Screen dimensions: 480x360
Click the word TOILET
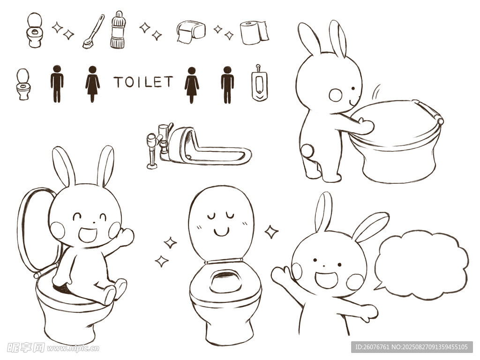pyautogui.click(x=143, y=82)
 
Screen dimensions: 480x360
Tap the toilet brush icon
pyautogui.click(x=94, y=31)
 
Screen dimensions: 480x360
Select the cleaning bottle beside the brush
pyautogui.click(x=118, y=30)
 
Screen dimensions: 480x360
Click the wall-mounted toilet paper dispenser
pyautogui.click(x=191, y=31)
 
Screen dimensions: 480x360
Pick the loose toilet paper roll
pyautogui.click(x=255, y=32)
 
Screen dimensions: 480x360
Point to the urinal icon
pyautogui.click(x=260, y=83)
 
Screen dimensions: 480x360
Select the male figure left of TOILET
pyautogui.click(x=57, y=83)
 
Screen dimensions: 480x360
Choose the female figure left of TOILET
pyautogui.click(x=92, y=83)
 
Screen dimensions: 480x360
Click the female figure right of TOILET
pyautogui.click(x=192, y=85)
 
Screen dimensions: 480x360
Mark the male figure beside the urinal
pyautogui.click(x=227, y=84)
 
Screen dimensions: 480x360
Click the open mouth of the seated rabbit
pyautogui.click(x=88, y=234)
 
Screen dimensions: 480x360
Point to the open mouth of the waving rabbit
pyautogui.click(x=326, y=280)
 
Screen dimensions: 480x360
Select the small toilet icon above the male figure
pyautogui.click(x=34, y=30)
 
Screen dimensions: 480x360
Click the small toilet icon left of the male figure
pyautogui.click(x=23, y=84)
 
